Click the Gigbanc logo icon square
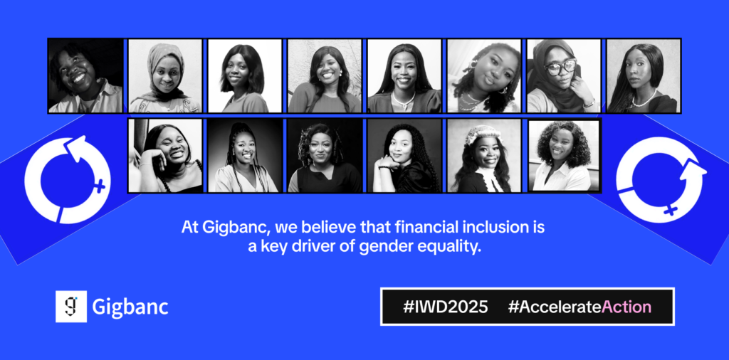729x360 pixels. click(71, 307)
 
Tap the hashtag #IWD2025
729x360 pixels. click(446, 307)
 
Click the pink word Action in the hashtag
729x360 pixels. click(626, 307)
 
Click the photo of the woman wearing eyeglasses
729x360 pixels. click(564, 75)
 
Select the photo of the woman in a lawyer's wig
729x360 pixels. click(484, 156)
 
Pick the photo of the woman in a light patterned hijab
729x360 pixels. click(165, 75)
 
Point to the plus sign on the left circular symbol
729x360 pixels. click(99, 186)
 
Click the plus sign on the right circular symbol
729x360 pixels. click(669, 211)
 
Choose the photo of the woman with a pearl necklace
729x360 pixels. click(644, 75)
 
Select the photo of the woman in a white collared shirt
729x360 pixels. click(564, 156)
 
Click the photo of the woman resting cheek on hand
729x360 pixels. click(165, 156)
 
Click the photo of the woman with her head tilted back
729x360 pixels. click(85, 75)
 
